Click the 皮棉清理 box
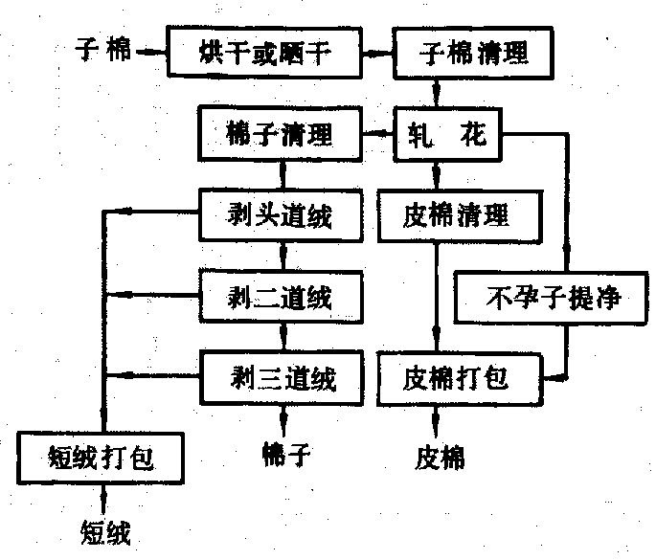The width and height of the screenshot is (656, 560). click(x=457, y=214)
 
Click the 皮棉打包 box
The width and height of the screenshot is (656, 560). click(x=456, y=376)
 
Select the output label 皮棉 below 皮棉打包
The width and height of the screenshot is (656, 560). click(x=441, y=457)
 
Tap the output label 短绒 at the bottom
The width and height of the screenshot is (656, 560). click(x=104, y=529)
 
